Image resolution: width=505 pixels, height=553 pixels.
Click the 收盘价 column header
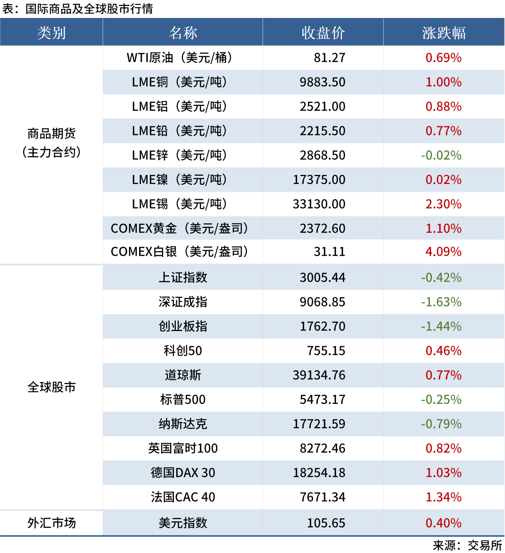point(323,33)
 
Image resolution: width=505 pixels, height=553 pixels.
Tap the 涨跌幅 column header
point(444,33)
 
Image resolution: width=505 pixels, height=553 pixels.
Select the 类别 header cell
point(51,33)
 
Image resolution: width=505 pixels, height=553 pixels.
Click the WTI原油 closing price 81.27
point(330,58)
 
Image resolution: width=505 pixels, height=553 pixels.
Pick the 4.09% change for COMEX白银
point(443,252)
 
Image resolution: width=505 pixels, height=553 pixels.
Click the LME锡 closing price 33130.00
point(319,204)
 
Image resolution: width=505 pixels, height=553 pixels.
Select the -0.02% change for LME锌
point(441,155)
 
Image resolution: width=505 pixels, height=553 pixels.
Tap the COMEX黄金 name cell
point(179,228)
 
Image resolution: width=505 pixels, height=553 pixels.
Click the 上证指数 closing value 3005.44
point(322,277)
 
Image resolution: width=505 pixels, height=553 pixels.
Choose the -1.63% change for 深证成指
point(441,302)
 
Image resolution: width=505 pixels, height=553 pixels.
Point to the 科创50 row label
point(183,351)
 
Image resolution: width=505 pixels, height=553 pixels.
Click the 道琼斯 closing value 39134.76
point(319,375)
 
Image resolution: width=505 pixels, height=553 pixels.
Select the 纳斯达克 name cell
point(183,424)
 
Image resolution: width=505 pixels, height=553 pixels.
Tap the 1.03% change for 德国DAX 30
point(443,473)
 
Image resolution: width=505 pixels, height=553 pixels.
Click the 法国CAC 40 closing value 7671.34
point(322,497)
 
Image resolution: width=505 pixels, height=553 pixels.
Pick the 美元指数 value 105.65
point(326,523)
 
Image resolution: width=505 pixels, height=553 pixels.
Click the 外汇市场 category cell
point(51,523)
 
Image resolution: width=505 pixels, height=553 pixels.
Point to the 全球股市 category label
point(51,387)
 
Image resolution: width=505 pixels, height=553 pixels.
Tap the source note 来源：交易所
point(467,545)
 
